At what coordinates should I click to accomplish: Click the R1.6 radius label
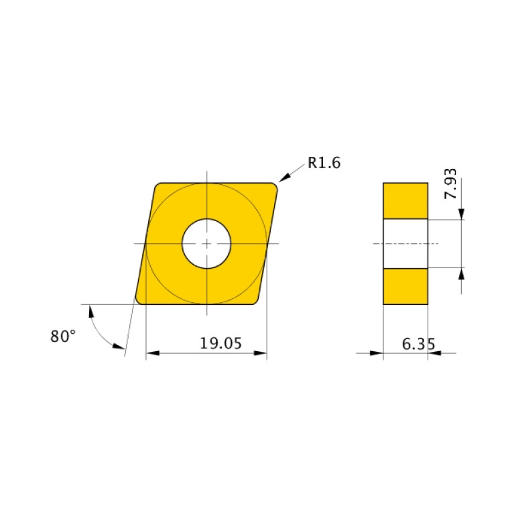pyautogui.click(x=324, y=163)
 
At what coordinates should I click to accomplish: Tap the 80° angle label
pyautogui.click(x=64, y=336)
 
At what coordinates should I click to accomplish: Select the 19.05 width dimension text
pyautogui.click(x=220, y=344)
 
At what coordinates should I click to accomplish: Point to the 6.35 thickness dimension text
pyautogui.click(x=418, y=344)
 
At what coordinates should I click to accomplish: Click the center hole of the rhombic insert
pyautogui.click(x=207, y=243)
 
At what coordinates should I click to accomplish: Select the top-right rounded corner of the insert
pyautogui.click(x=273, y=187)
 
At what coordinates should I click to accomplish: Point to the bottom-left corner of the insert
pyautogui.click(x=141, y=299)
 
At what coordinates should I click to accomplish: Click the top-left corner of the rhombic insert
pyautogui.click(x=158, y=187)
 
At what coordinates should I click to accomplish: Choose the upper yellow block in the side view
pyautogui.click(x=405, y=200)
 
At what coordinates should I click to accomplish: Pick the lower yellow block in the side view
pyautogui.click(x=405, y=286)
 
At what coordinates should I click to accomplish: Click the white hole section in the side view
pyautogui.click(x=405, y=243)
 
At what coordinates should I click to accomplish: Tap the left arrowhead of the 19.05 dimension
pyautogui.click(x=151, y=353)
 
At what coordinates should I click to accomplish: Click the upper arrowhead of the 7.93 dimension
pyautogui.click(x=462, y=214)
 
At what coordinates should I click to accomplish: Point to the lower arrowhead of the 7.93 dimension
pyautogui.click(x=462, y=273)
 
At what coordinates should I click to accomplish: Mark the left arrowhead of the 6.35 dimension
pyautogui.click(x=377, y=353)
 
